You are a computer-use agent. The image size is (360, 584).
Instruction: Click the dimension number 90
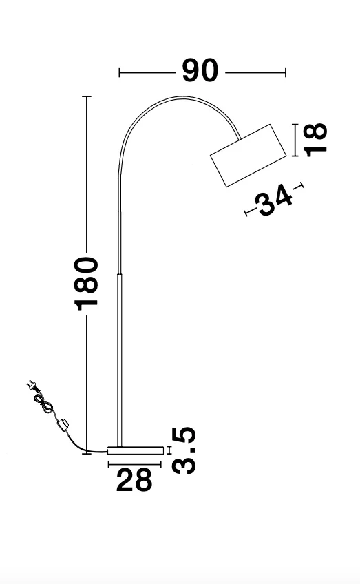click(x=200, y=70)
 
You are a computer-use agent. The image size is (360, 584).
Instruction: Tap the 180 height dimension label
click(x=86, y=284)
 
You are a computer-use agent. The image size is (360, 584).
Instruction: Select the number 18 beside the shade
click(x=315, y=140)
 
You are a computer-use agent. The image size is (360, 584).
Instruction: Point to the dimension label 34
click(x=275, y=199)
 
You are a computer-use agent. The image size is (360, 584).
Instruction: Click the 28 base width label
click(x=134, y=480)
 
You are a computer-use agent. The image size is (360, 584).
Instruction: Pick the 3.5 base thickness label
click(x=184, y=450)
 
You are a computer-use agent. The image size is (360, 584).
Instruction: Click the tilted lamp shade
click(x=248, y=156)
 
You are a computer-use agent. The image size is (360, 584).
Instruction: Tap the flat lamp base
click(x=136, y=450)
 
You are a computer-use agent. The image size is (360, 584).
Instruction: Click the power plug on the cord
click(x=32, y=386)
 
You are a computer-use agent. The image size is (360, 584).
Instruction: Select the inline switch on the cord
click(x=63, y=425)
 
